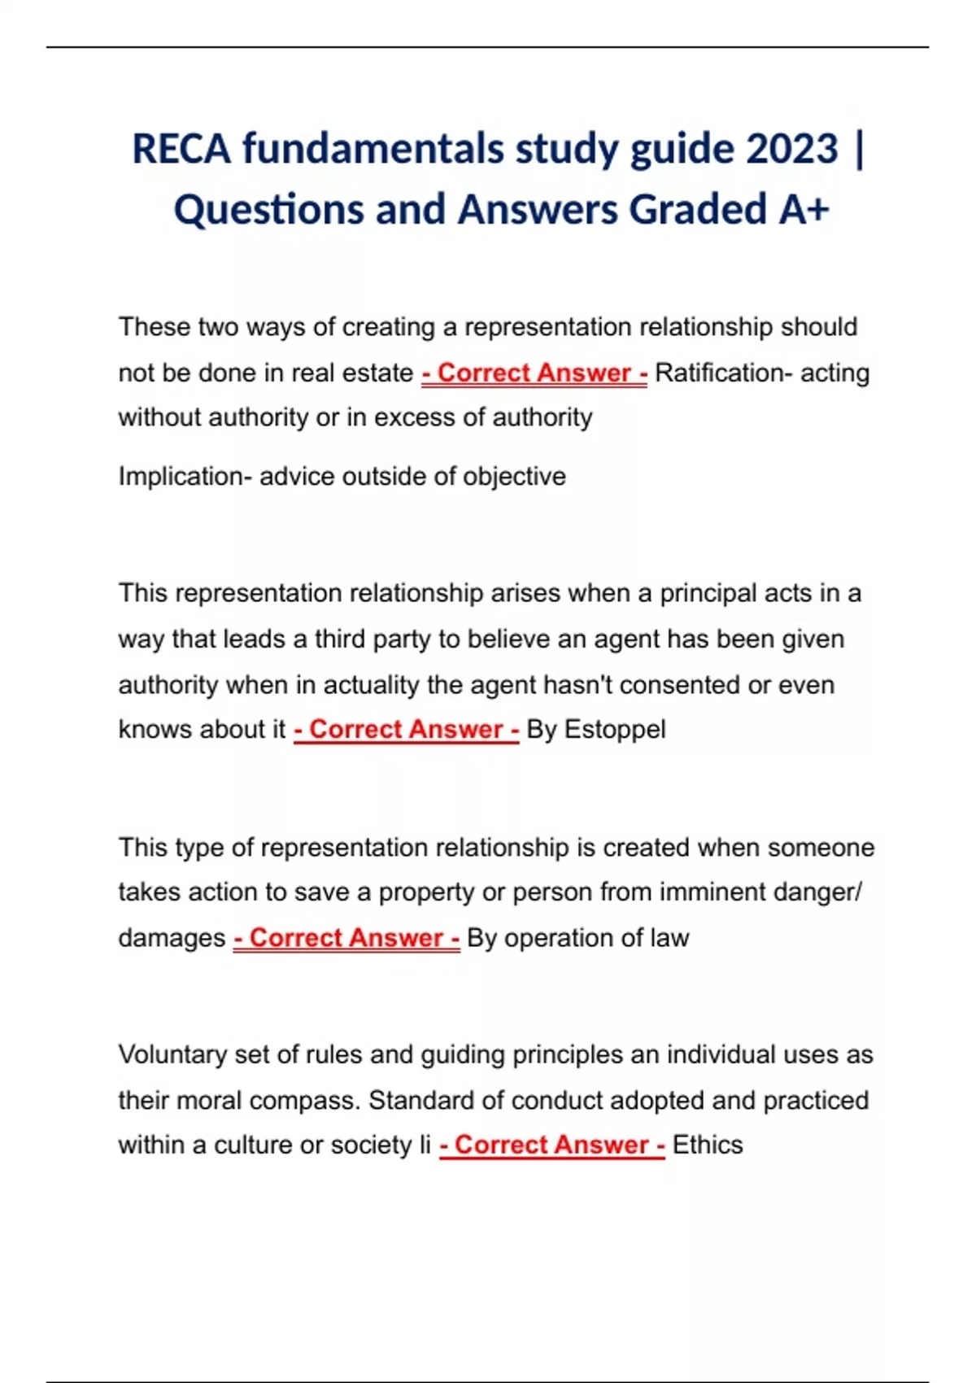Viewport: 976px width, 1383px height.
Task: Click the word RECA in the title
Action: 181,149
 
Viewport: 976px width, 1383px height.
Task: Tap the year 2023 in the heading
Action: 791,149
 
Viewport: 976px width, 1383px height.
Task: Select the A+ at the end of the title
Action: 804,209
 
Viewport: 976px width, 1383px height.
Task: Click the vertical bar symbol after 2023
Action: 861,149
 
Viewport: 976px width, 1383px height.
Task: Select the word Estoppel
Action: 615,729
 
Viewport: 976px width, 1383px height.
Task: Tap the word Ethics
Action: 708,1145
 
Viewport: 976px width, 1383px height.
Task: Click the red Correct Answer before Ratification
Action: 534,373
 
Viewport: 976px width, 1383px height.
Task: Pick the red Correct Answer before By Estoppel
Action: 406,729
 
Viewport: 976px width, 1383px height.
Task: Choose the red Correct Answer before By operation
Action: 346,937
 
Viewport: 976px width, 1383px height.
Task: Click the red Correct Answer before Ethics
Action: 552,1145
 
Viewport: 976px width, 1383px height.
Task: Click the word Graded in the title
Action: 699,209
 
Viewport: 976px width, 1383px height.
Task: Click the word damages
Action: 172,937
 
